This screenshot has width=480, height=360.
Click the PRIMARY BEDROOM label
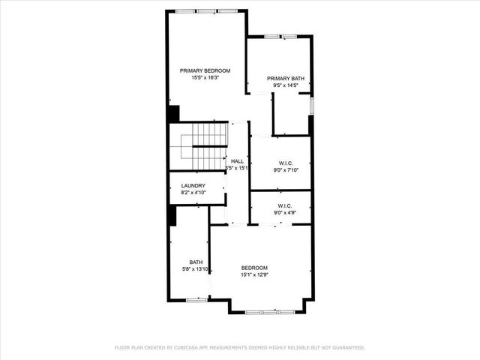pyautogui.click(x=205, y=70)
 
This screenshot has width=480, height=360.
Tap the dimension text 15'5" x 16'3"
pyautogui.click(x=205, y=78)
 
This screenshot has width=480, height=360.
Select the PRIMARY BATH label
pyautogui.click(x=285, y=78)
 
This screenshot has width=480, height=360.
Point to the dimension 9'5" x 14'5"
pyautogui.click(x=285, y=85)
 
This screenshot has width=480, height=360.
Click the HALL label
pyautogui.click(x=237, y=161)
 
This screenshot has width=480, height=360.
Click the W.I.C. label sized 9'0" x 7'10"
pyautogui.click(x=285, y=163)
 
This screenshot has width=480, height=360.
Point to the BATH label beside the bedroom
pyautogui.click(x=196, y=262)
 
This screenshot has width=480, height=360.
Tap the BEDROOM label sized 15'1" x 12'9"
pyautogui.click(x=254, y=268)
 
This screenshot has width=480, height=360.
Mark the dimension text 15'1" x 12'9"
pyautogui.click(x=254, y=275)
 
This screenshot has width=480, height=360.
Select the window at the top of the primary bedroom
pyautogui.click(x=206, y=10)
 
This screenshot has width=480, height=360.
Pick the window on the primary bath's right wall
pyautogui.click(x=312, y=106)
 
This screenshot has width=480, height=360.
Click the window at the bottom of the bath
pyautogui.click(x=196, y=300)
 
